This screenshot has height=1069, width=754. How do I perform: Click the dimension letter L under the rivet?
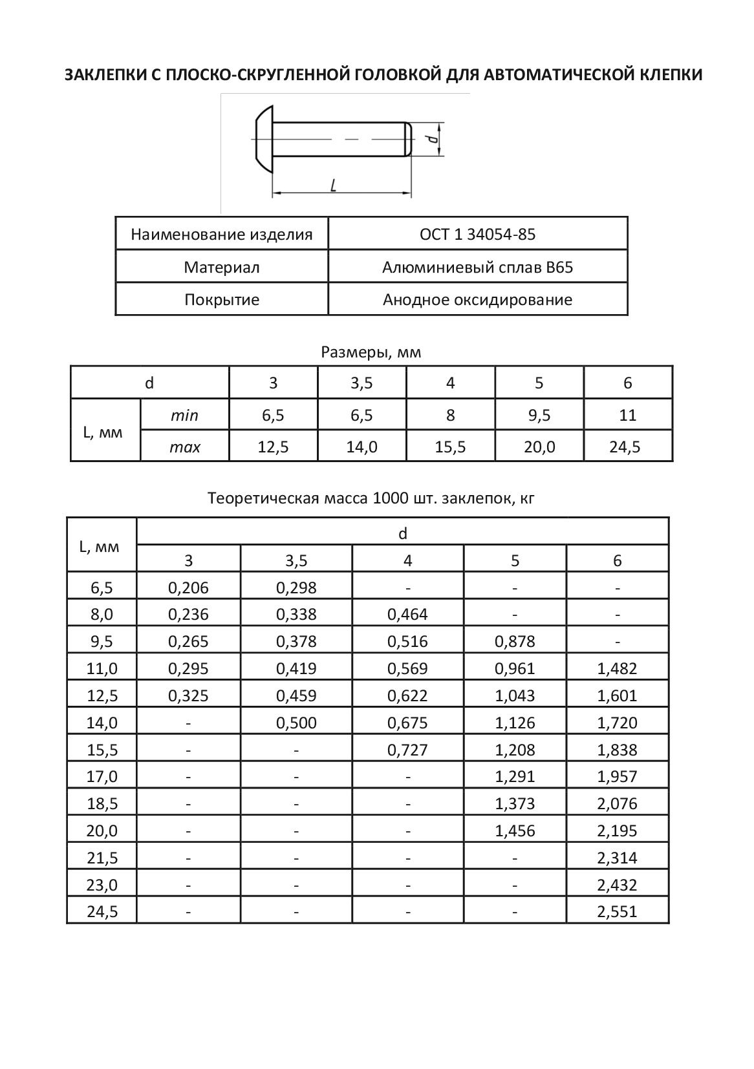pos(333,185)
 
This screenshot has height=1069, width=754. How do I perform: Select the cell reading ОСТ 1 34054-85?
pos(477,234)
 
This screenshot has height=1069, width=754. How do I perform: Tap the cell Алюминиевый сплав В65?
pos(477,267)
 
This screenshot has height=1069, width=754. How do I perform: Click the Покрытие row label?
pos(222,300)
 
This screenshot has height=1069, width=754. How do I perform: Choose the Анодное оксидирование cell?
pos(477,300)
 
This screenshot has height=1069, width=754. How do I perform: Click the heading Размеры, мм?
pos(371,352)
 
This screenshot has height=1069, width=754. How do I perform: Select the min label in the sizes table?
pos(184,415)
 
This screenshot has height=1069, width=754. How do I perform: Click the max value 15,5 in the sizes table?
pos(450,447)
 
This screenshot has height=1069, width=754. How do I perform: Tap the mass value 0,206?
pos(188,587)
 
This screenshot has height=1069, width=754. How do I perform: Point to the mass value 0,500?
pos(296,723)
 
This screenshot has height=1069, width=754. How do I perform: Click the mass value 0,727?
pos(407,750)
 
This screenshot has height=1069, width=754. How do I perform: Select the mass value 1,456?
pos(515,831)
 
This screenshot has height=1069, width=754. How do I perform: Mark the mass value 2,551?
pos(618,912)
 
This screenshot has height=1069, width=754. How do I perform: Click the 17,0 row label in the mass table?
pos(102,776)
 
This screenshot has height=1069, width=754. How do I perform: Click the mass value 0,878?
pos(515,641)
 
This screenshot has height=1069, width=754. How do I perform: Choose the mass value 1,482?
pos(618,668)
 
